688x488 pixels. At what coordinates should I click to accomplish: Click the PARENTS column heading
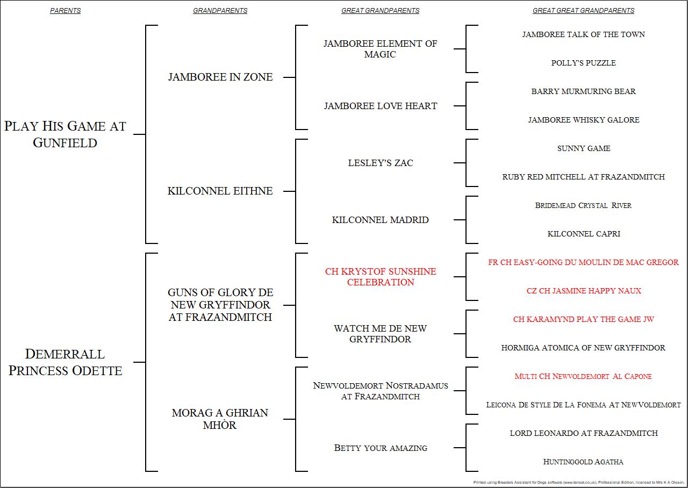click(x=65, y=11)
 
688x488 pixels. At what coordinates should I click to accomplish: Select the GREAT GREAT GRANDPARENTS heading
click(x=583, y=11)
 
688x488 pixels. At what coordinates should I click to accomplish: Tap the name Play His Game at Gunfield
click(x=65, y=134)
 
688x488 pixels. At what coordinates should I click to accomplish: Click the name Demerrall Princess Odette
click(x=65, y=362)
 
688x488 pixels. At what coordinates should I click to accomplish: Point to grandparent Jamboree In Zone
click(x=220, y=77)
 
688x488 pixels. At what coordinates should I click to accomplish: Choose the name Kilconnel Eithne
click(x=220, y=191)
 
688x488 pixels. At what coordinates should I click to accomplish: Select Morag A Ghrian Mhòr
click(x=220, y=419)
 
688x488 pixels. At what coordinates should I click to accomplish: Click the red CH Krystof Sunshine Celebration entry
click(x=381, y=277)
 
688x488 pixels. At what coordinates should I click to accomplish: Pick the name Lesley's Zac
click(x=381, y=163)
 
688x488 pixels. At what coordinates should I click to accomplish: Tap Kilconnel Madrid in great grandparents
click(x=381, y=220)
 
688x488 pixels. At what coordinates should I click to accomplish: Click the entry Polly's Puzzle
click(x=583, y=63)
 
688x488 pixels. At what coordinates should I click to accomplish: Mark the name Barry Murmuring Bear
click(x=583, y=91)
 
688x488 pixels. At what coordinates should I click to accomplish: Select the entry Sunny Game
click(x=583, y=148)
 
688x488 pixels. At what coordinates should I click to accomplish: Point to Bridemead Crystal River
click(x=583, y=205)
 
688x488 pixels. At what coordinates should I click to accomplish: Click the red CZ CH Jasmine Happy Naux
click(x=584, y=291)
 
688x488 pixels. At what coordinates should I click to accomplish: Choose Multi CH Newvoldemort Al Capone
click(x=583, y=376)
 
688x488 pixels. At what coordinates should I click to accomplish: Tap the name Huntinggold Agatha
click(x=583, y=462)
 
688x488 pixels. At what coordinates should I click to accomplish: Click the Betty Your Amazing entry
click(x=381, y=448)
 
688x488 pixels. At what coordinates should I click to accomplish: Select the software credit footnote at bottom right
click(x=578, y=483)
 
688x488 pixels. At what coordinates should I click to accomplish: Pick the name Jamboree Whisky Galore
click(x=584, y=120)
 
